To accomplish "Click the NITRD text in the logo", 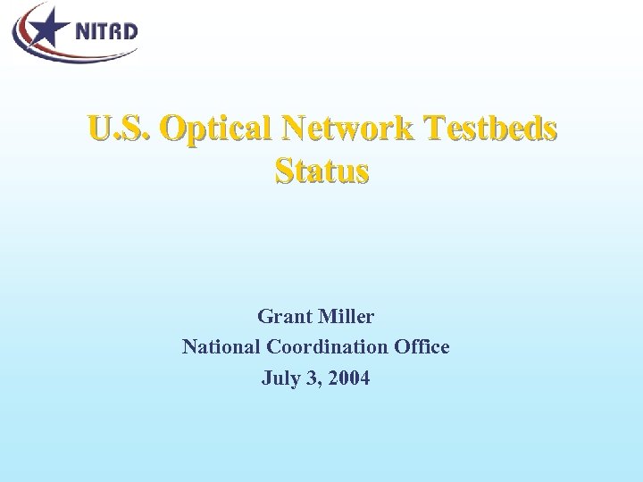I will [105, 31].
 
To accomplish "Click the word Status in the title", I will [321, 170].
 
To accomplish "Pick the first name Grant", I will [283, 317].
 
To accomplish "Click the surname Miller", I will [346, 317].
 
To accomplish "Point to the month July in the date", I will [280, 378].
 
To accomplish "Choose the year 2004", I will [347, 378].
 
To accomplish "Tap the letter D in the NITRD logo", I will [129, 31].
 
